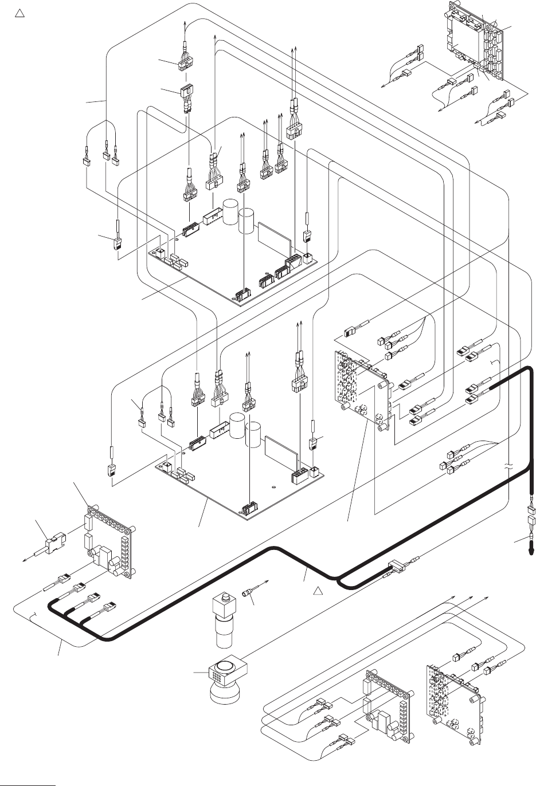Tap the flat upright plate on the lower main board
pyautogui.click(x=281, y=453)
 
